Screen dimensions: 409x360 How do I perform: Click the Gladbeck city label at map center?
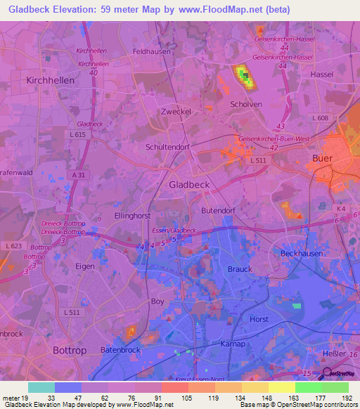point(190,184)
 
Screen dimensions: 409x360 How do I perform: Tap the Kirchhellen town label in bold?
point(50,81)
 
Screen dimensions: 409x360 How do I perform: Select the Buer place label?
point(322,159)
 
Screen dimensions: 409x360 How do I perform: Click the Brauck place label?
point(240,269)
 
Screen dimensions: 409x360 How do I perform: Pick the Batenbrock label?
point(122,349)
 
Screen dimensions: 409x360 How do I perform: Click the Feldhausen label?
point(153,51)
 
